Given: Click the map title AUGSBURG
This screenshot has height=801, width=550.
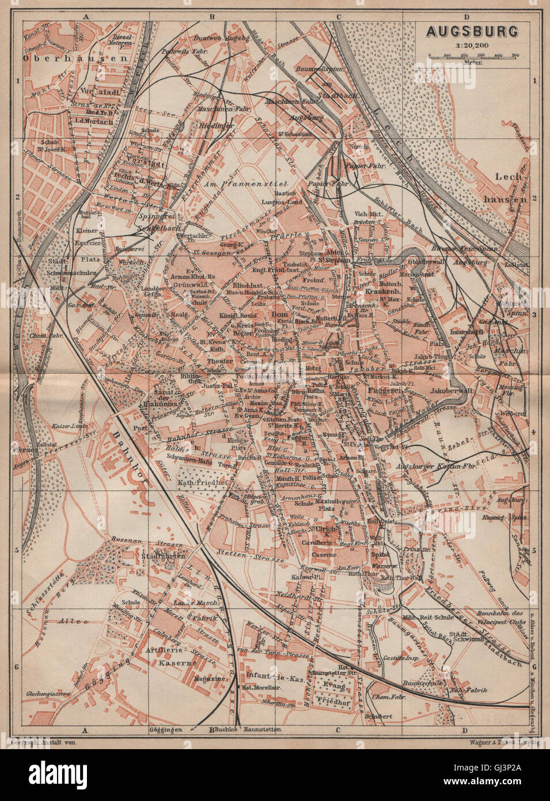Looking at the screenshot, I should pos(472,31).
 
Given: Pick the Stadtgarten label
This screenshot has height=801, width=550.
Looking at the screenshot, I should pos(153,557).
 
